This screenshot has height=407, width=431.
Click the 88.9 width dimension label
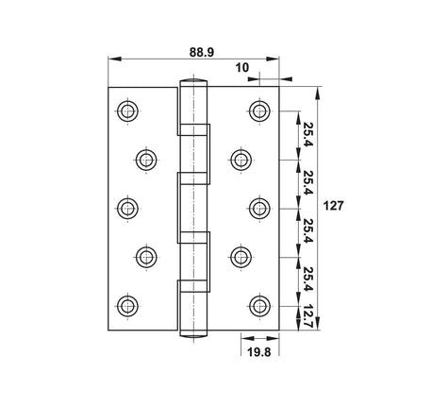(x=202, y=52)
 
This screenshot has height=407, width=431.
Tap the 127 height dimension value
(x=333, y=206)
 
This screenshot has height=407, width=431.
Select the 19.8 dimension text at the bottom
(x=258, y=352)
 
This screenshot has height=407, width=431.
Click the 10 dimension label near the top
(x=241, y=68)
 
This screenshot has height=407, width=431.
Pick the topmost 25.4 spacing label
(x=307, y=134)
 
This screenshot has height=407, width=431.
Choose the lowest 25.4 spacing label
(x=308, y=280)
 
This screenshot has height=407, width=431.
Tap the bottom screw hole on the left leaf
(x=127, y=305)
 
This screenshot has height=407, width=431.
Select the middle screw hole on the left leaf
(x=127, y=209)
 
